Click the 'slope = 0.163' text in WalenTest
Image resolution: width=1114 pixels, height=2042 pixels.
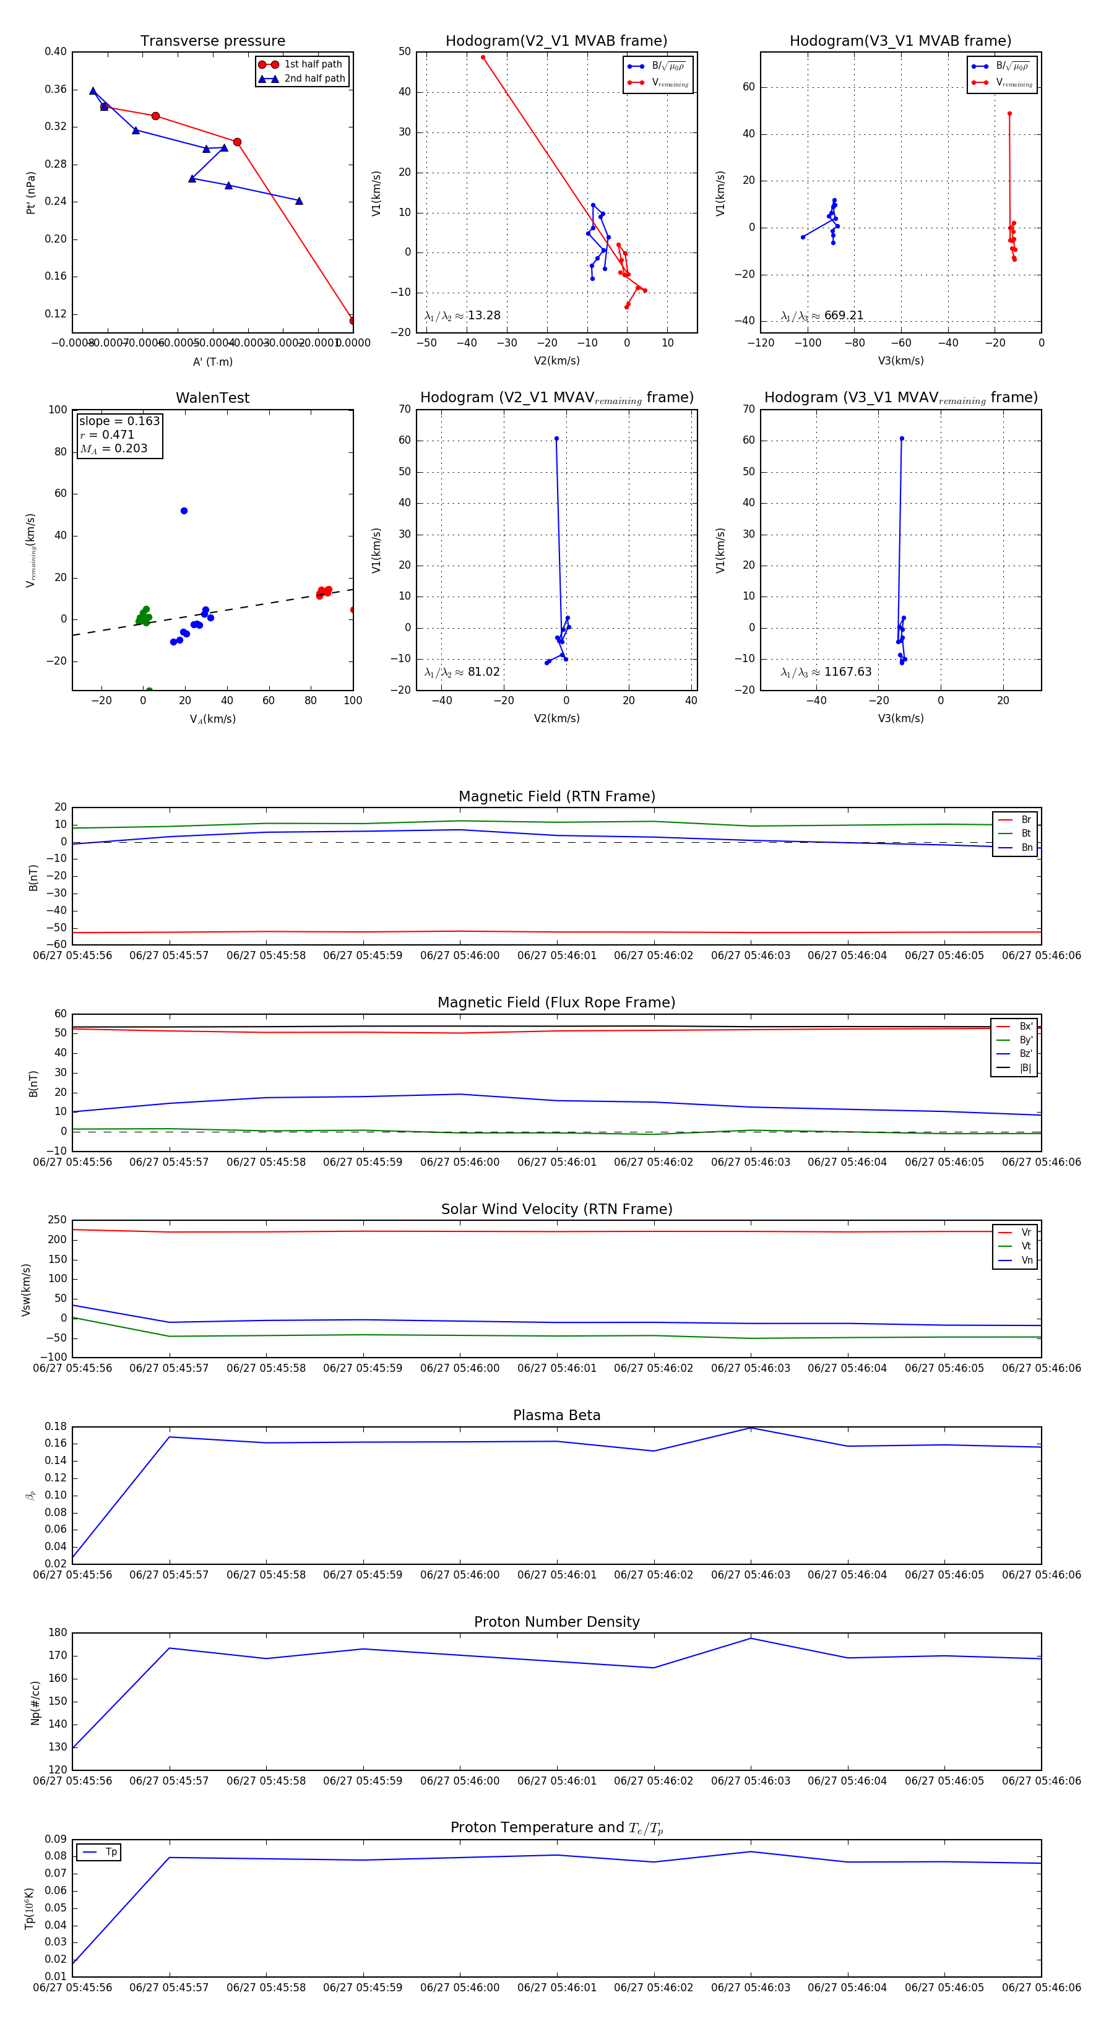click(119, 421)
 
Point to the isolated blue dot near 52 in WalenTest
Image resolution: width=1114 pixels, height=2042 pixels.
click(184, 510)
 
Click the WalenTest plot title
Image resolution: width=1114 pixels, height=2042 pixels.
click(212, 398)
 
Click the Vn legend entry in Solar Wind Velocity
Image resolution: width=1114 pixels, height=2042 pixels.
click(1026, 1260)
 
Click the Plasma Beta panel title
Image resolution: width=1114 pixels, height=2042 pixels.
click(556, 1416)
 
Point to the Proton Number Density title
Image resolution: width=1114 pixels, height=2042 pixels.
click(556, 1622)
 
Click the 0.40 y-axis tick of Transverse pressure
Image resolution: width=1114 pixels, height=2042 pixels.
click(56, 51)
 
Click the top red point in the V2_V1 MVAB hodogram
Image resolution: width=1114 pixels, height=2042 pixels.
click(483, 57)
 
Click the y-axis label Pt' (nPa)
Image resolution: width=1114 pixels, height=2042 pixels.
click(31, 192)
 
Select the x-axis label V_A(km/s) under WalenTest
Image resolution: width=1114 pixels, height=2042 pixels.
click(212, 719)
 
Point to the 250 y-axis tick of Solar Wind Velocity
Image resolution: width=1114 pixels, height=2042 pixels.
click(57, 1220)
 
